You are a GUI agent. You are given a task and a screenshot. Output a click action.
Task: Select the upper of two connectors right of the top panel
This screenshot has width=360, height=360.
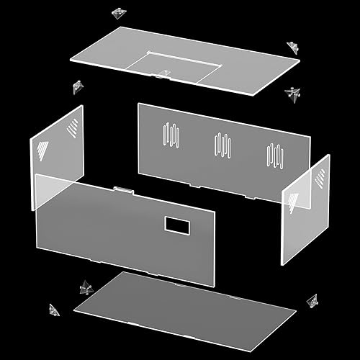293,46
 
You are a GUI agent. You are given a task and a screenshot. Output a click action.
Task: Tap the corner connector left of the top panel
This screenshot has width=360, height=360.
76,86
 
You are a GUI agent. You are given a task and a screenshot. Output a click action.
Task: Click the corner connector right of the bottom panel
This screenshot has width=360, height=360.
312,300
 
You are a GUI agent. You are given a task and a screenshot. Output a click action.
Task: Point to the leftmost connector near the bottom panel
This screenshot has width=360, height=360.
53,309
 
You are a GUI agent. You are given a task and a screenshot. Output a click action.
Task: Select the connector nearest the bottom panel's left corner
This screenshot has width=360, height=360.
86,288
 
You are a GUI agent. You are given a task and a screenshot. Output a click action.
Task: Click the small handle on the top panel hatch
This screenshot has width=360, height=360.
165,73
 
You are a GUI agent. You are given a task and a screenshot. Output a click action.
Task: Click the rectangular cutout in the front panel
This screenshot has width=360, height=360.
176,225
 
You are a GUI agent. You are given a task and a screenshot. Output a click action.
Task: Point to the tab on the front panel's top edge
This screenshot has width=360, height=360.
122,190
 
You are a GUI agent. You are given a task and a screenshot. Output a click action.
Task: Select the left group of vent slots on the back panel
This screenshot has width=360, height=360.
171,135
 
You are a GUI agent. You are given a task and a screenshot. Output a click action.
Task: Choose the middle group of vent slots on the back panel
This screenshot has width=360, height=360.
222,144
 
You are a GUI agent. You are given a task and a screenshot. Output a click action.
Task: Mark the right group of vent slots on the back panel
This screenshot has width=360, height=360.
274,154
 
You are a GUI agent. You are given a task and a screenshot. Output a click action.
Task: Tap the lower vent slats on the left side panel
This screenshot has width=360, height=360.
42,152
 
